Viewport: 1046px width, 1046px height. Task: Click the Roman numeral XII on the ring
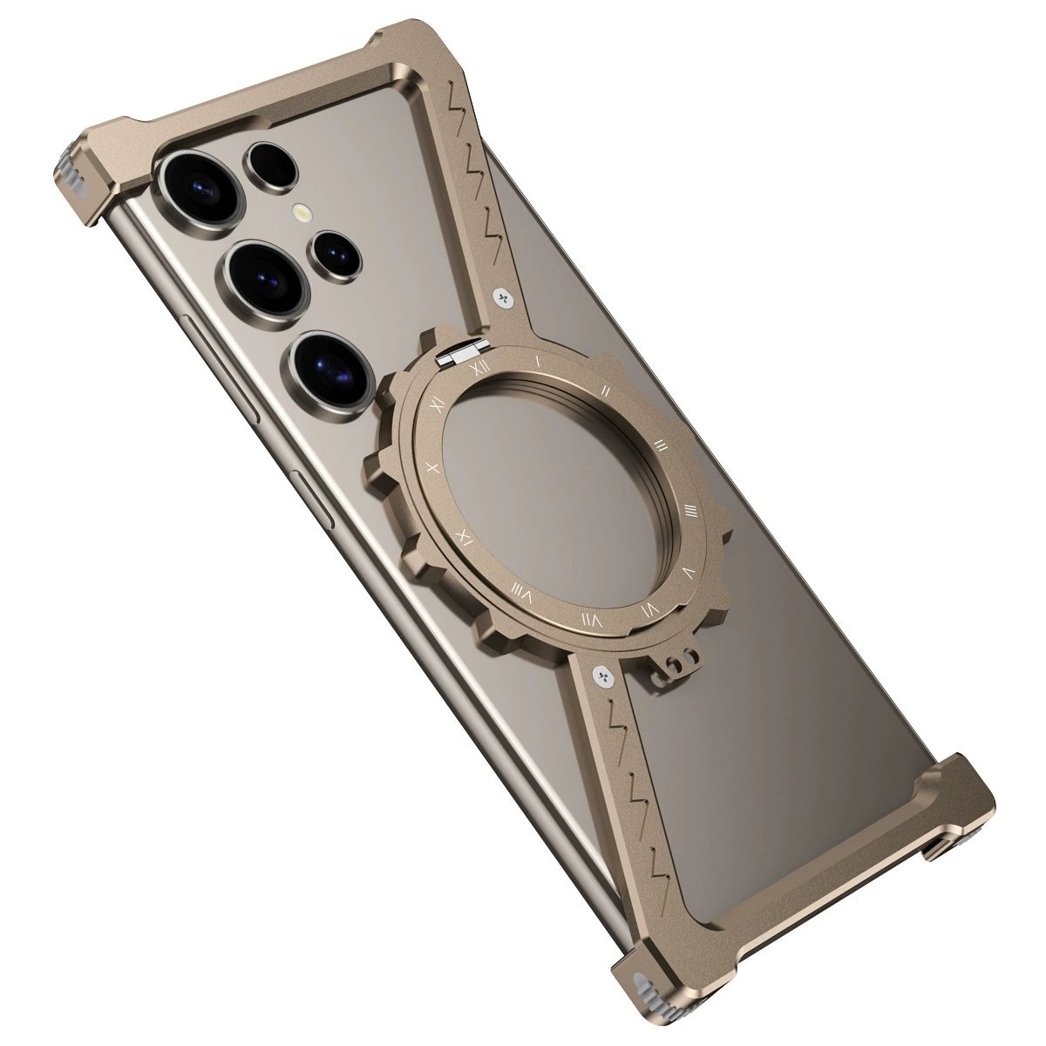(x=476, y=367)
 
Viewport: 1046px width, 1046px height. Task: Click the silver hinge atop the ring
(x=459, y=354)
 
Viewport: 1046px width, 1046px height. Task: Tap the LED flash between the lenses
(x=302, y=212)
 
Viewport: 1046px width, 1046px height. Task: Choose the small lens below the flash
(x=336, y=253)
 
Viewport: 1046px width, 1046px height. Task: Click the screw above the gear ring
(x=504, y=297)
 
